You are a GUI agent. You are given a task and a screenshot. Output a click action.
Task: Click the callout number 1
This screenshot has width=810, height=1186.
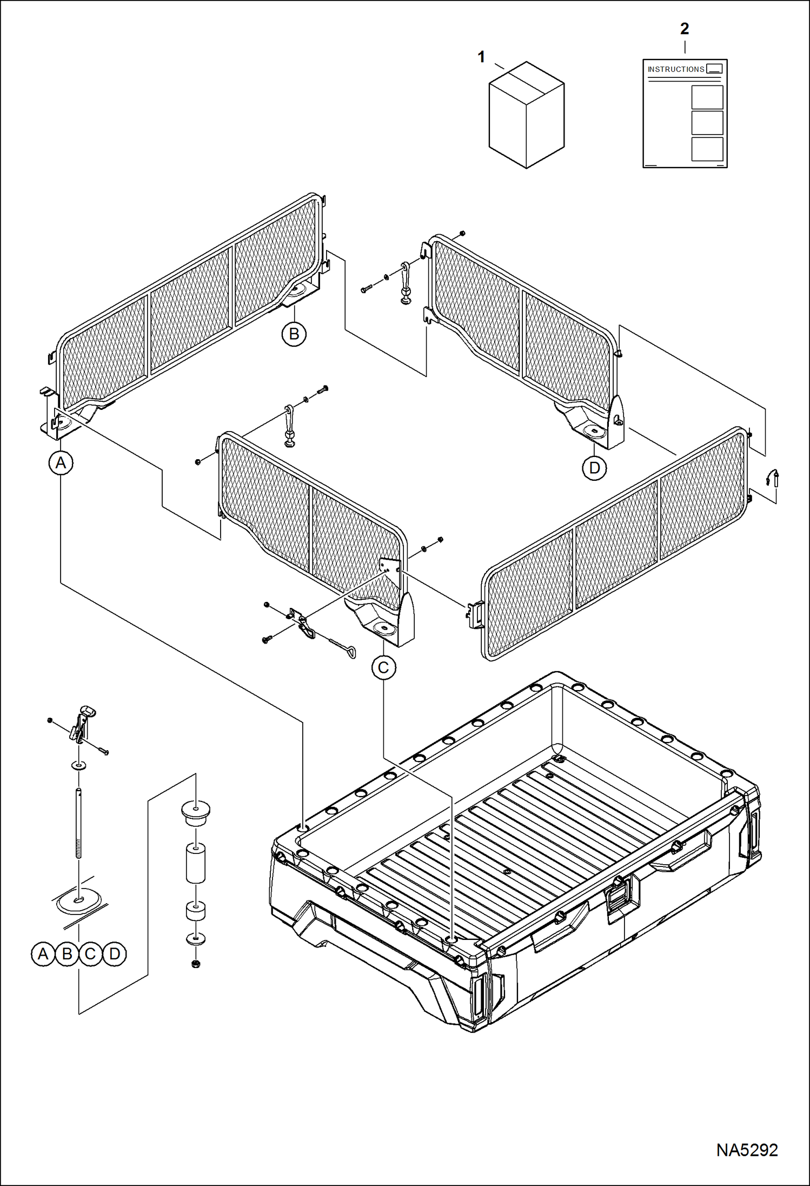pos(481,57)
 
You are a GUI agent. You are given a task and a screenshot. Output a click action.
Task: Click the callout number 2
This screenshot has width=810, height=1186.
pos(685,29)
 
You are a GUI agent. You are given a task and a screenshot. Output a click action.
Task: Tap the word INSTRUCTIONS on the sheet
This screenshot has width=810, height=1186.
pos(676,69)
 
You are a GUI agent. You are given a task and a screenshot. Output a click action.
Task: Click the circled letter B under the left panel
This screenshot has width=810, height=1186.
pos(294,334)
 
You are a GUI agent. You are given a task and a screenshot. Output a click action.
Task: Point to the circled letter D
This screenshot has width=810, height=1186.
pos(594,468)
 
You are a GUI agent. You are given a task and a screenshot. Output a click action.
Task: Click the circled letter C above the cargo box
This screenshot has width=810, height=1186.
pos(383,667)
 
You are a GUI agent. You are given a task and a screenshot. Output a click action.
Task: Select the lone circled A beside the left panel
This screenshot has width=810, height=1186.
pos(61,463)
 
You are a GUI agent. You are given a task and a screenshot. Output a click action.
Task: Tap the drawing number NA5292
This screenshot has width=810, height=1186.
pos(747,1150)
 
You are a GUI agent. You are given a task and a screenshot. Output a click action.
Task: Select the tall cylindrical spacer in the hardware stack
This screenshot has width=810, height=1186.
pos(196,864)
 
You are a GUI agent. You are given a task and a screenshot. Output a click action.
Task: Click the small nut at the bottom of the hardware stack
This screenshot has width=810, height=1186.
pos(196,964)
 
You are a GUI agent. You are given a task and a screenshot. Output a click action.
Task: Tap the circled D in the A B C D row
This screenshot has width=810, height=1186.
pos(115,954)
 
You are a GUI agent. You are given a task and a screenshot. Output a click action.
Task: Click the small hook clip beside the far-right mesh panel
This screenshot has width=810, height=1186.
pos(773,478)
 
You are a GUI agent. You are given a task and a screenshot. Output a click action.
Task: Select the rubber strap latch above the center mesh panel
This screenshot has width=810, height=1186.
pos(290,425)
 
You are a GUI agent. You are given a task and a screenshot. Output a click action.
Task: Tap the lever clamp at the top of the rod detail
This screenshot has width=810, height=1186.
pos(82,723)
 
